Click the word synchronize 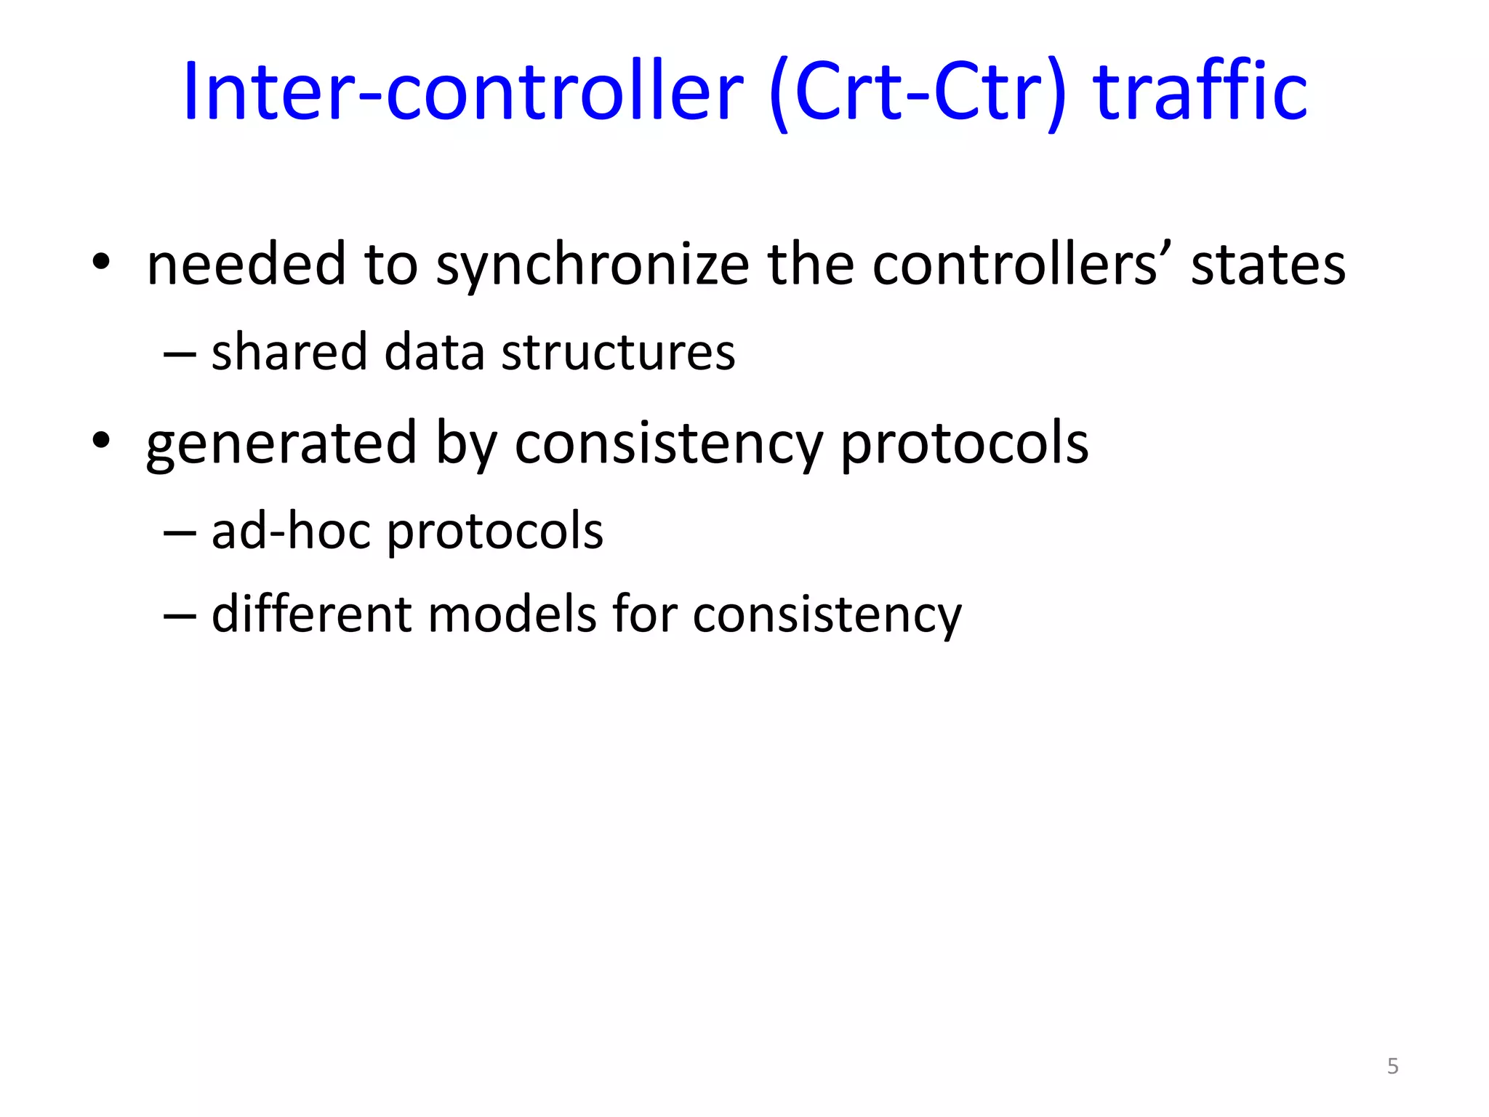[x=593, y=265]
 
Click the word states [x=1268, y=265]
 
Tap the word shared [x=289, y=352]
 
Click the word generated [x=281, y=444]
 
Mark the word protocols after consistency [x=965, y=444]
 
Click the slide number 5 [x=1392, y=1066]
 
